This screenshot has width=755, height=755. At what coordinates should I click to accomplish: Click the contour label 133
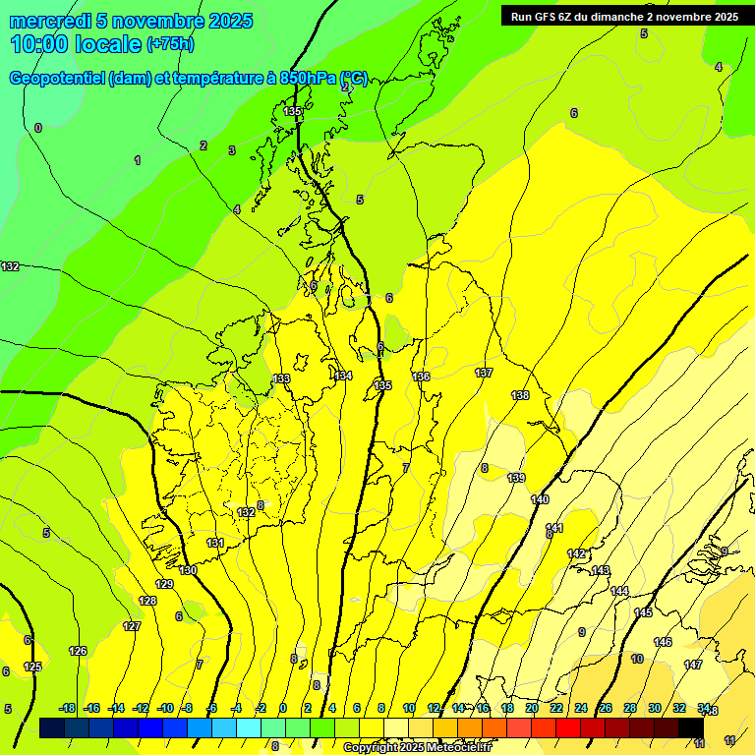282,378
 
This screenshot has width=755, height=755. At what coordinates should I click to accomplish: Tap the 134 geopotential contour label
343,376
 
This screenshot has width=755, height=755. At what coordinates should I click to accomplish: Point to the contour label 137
484,373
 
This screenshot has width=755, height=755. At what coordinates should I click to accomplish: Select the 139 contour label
516,478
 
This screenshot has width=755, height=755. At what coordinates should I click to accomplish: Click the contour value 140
540,500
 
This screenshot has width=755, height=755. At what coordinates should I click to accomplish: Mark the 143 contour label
601,570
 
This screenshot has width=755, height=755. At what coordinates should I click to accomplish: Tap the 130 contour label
188,570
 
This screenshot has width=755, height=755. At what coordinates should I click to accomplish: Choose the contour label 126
78,651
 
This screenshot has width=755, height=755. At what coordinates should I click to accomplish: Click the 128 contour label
148,601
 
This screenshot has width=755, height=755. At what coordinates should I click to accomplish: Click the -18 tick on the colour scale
67,708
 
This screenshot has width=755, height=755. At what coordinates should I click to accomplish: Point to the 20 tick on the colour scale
532,708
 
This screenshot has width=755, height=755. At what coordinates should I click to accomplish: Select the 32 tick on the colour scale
678,708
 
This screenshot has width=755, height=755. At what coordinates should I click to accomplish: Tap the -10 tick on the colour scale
165,708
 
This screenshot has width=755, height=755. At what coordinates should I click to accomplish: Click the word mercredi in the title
49,21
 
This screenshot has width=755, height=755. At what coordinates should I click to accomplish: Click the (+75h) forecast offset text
171,44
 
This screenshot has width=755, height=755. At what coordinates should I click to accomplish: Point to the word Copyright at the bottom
373,748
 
